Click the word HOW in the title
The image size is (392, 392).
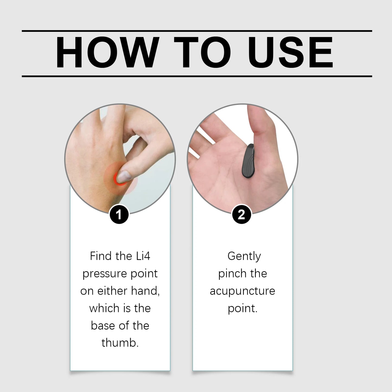tap(107, 52)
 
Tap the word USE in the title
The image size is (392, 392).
tap(290, 52)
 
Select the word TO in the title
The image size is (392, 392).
tap(202, 52)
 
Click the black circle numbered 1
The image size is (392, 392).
tap(119, 215)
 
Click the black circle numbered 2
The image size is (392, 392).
tap(241, 215)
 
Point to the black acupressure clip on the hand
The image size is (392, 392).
tap(247, 161)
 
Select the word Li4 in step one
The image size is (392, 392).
tap(143, 256)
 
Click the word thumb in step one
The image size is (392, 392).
tap(120, 343)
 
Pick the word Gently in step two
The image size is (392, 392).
tap(244, 256)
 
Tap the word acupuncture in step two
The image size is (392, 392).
tap(242, 291)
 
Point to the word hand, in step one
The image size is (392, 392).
tap(145, 291)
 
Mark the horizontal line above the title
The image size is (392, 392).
tap(197, 31)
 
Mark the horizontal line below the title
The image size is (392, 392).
tap(197, 76)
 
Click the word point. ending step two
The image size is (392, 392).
tap(242, 308)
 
